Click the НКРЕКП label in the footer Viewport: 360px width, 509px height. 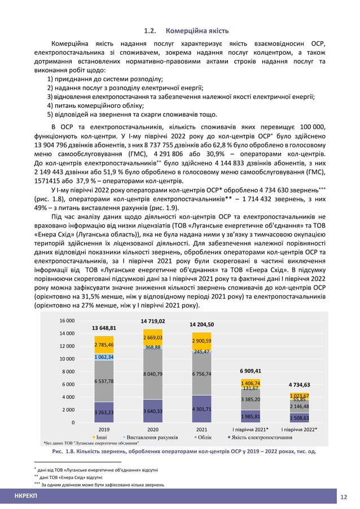point(26,496)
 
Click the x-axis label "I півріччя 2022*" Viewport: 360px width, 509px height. point(299,429)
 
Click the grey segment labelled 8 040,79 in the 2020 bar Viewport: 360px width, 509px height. point(152,374)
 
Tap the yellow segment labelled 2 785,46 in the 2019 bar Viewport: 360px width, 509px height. point(104,344)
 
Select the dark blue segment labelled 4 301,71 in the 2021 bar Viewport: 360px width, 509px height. point(201,409)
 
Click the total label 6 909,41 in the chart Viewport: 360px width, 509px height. point(251,372)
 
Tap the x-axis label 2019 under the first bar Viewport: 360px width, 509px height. point(104,429)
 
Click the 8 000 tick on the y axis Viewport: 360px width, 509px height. point(70,371)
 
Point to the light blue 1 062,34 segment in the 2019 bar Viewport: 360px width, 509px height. point(104,357)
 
